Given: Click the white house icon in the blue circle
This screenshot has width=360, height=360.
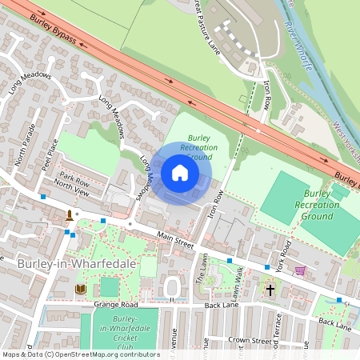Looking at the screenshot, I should click(x=180, y=173).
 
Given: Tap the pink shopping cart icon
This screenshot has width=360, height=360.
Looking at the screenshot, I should click(x=300, y=270).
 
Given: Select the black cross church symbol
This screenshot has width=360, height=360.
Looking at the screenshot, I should click(x=270, y=289).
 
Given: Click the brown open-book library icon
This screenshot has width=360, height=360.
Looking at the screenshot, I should click(x=80, y=289).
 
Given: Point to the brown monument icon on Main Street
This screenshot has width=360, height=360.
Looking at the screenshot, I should click(x=70, y=215).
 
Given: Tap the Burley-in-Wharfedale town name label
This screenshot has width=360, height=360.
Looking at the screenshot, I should click(x=76, y=263).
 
